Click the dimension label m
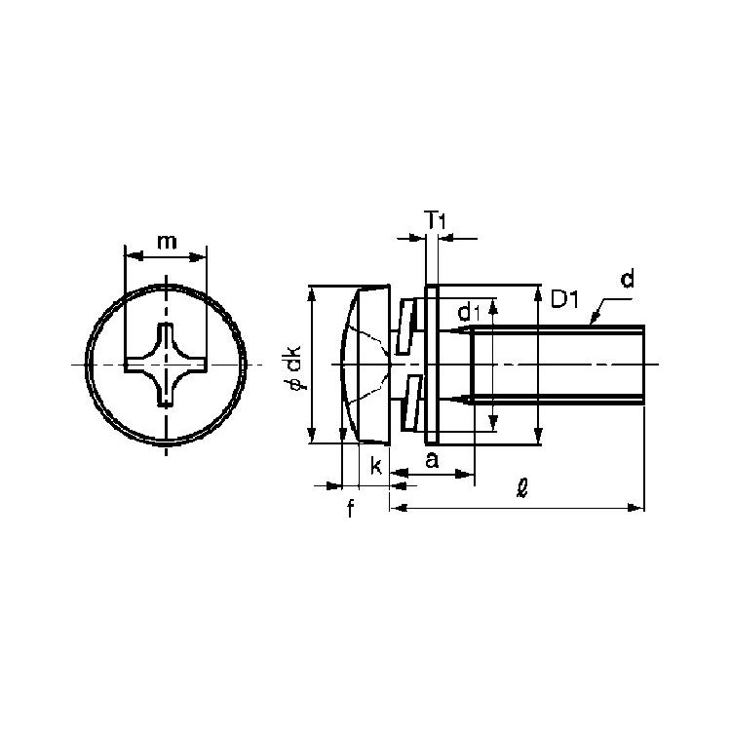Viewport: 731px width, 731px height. tap(167, 242)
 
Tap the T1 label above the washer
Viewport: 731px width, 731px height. tap(436, 220)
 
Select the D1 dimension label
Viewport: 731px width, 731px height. tap(564, 299)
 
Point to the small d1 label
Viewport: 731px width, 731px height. tap(469, 312)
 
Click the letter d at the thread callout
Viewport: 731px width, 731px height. tap(628, 279)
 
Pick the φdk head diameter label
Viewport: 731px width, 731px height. tap(294, 367)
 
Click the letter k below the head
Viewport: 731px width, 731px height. tap(376, 465)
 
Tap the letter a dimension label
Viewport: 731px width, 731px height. tap(432, 461)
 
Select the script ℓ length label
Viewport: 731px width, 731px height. tap(522, 488)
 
